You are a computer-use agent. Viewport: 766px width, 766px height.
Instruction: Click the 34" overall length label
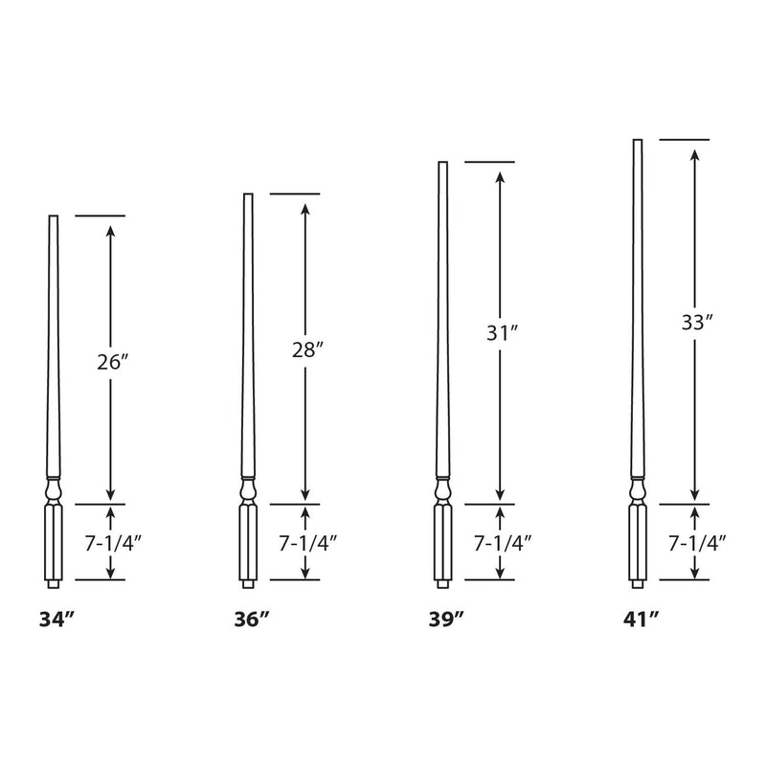tap(56, 620)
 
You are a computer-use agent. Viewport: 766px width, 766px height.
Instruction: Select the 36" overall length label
tap(251, 620)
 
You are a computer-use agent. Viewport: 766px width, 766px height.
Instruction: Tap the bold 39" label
tap(446, 620)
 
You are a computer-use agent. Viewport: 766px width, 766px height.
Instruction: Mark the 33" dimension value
tap(695, 322)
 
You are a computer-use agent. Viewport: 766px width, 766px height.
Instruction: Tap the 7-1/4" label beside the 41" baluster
tap(695, 543)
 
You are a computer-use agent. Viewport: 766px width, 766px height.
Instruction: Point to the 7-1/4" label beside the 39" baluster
tap(502, 543)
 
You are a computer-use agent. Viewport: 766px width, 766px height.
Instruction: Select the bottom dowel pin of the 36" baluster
tap(248, 582)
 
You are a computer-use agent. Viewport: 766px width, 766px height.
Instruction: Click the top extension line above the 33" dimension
tap(685, 140)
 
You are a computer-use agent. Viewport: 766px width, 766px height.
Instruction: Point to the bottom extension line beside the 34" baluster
tap(100, 580)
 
